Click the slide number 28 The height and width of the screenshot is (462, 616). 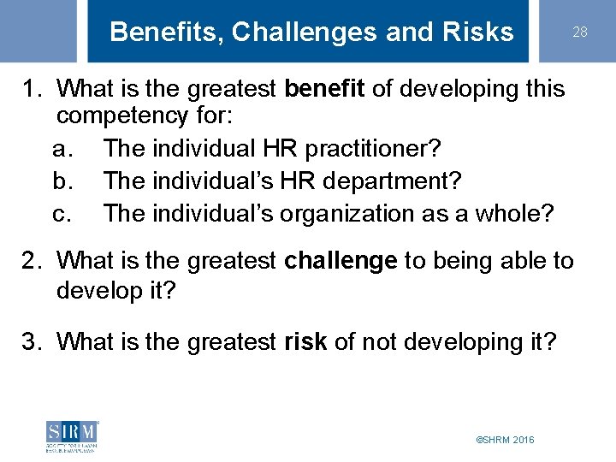pos(580,33)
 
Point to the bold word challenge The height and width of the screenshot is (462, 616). pos(341,260)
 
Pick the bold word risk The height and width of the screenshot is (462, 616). pos(306,342)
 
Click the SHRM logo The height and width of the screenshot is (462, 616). pos(73,436)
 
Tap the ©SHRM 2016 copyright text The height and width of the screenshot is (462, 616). pos(505,439)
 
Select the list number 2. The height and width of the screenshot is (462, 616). pos(32,260)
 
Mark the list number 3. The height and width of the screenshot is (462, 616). pos(32,342)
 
